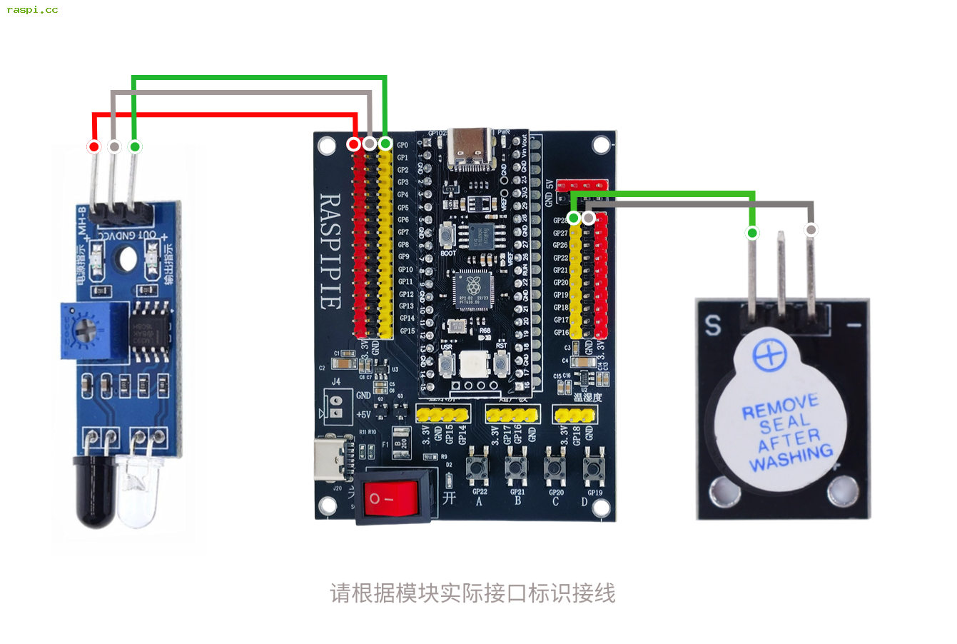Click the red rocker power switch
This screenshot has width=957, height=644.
[x=391, y=497]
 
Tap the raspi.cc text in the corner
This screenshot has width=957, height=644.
[x=32, y=10]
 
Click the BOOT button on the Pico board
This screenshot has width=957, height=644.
[x=447, y=235]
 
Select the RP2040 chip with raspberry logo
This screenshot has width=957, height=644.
[x=472, y=289]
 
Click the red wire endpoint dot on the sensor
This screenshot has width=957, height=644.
[x=94, y=147]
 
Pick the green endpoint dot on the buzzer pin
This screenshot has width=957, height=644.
[x=752, y=233]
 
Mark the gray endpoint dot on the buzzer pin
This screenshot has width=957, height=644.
[x=811, y=230]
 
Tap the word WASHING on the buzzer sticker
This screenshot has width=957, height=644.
[x=791, y=458]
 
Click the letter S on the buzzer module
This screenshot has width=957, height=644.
[x=713, y=325]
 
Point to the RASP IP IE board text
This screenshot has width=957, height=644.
[x=329, y=251]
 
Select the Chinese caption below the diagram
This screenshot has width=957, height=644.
[x=472, y=593]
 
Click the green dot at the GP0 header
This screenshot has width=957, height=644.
[x=385, y=144]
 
